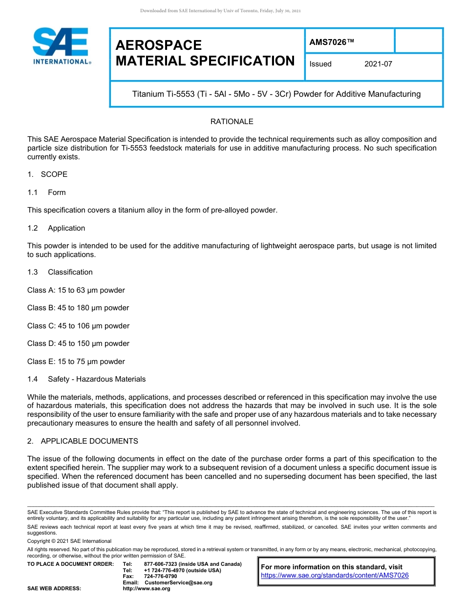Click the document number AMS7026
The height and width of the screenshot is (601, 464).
point(331,43)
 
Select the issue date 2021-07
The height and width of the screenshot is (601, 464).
point(378,64)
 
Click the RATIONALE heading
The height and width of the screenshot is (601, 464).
point(232,121)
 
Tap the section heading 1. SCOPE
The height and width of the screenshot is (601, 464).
point(47,174)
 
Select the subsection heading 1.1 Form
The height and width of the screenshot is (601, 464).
point(46,193)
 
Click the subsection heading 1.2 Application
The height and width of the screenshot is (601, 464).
point(56,228)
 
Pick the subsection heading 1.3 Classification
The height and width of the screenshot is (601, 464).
point(60,272)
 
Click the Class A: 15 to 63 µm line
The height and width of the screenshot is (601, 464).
point(76,290)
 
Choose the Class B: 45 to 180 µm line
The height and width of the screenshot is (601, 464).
point(78,308)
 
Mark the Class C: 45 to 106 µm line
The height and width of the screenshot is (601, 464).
point(78,326)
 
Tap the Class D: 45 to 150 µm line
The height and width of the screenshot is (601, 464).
point(78,343)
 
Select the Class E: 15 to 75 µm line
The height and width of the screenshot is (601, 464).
point(76,362)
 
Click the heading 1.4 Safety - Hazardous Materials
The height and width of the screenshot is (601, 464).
point(86,379)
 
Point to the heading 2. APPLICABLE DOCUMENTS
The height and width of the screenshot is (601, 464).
point(83,441)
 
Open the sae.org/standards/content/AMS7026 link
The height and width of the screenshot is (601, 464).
point(335,575)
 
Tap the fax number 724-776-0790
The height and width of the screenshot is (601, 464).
point(161,577)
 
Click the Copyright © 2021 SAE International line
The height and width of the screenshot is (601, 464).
point(69,541)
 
